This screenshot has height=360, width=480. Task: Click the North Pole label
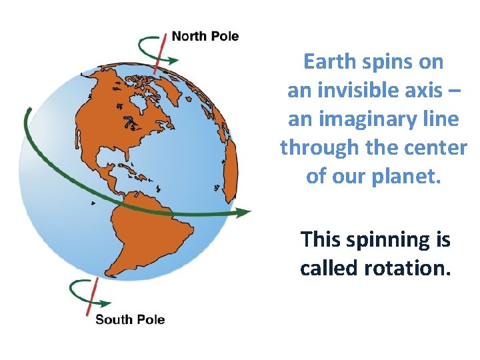205,36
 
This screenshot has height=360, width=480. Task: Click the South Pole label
130,319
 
